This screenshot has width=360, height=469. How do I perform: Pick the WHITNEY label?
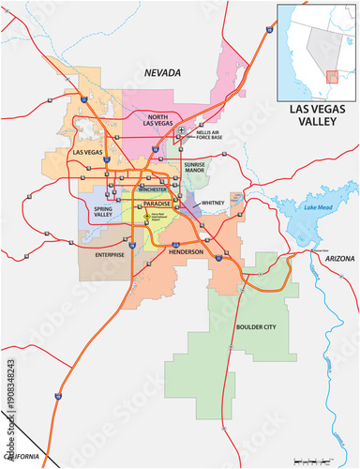tap(213, 201)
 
